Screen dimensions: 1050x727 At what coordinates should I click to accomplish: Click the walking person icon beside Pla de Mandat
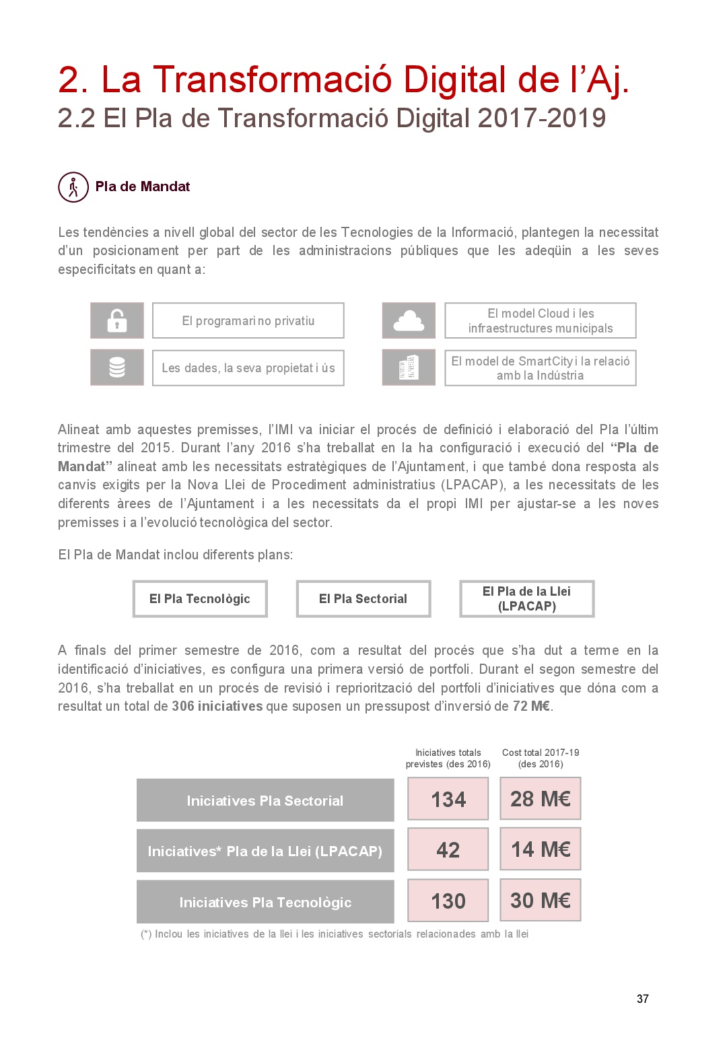click(x=73, y=187)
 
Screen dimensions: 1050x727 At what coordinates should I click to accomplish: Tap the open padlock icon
click(x=117, y=320)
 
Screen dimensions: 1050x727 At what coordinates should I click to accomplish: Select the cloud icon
click(x=409, y=320)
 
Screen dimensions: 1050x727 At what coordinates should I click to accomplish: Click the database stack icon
click(x=117, y=367)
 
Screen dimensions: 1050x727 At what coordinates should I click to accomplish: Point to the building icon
click(x=409, y=367)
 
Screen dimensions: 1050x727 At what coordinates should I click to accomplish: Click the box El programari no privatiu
click(x=248, y=320)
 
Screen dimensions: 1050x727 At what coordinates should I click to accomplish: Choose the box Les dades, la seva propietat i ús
click(x=248, y=367)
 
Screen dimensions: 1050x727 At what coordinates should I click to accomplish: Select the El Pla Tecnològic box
click(x=200, y=598)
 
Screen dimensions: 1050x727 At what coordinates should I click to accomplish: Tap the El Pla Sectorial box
click(x=363, y=598)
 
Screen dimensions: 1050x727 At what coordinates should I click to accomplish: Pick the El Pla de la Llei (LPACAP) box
click(x=527, y=598)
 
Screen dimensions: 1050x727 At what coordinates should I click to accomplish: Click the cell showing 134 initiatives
click(x=448, y=799)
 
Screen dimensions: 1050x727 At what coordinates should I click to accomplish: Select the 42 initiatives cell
click(x=448, y=850)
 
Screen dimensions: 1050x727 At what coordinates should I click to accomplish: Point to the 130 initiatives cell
click(x=448, y=901)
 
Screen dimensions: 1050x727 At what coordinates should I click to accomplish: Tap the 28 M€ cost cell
click(x=541, y=799)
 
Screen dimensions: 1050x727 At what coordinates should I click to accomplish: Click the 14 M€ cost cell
click(x=541, y=849)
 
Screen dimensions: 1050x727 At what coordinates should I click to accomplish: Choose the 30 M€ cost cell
click(x=541, y=900)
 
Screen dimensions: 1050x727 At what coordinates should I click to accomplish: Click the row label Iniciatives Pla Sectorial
click(x=265, y=800)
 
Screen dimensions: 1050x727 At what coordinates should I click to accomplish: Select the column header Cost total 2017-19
click(x=541, y=758)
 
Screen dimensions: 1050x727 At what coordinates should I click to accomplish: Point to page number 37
click(x=643, y=999)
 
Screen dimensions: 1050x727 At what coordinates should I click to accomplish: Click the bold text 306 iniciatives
click(x=217, y=706)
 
